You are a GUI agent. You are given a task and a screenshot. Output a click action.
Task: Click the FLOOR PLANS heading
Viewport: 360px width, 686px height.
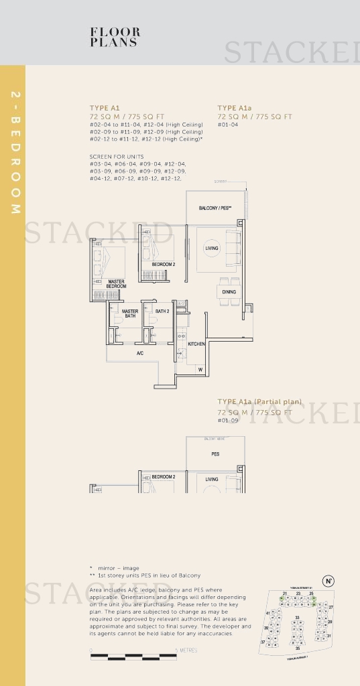115,37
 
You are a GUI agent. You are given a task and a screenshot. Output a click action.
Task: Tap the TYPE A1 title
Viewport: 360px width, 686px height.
105,108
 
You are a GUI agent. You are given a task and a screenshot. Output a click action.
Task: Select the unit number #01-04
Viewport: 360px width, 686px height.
228,125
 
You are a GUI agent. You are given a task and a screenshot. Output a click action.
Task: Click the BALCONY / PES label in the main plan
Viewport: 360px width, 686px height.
215,208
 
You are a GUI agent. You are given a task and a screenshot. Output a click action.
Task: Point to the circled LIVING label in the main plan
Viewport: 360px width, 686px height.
211,249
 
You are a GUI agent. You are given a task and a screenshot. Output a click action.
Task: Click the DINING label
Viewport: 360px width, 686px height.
229,292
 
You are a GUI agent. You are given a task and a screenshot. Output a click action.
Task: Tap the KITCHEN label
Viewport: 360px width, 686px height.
196,344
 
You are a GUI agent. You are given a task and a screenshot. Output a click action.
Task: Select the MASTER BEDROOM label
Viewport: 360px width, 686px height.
116,284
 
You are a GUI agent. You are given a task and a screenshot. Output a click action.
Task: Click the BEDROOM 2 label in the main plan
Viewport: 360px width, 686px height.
163,265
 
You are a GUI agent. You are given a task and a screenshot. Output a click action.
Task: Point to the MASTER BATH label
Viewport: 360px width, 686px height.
130,313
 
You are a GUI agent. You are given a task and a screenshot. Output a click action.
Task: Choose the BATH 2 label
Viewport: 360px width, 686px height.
162,311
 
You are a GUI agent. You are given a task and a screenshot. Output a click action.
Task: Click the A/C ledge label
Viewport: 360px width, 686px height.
140,353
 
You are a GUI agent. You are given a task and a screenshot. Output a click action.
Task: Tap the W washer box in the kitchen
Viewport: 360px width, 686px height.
200,369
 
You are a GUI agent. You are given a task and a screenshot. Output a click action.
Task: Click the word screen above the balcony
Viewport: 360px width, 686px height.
221,182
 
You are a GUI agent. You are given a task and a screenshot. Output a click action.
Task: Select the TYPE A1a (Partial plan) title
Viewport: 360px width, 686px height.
259,402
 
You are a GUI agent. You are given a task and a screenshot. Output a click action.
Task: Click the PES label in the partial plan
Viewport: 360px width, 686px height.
215,454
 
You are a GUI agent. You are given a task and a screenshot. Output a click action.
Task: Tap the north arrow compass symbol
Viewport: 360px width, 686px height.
328,581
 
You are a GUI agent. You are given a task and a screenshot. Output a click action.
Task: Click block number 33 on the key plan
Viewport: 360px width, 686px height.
297,618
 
